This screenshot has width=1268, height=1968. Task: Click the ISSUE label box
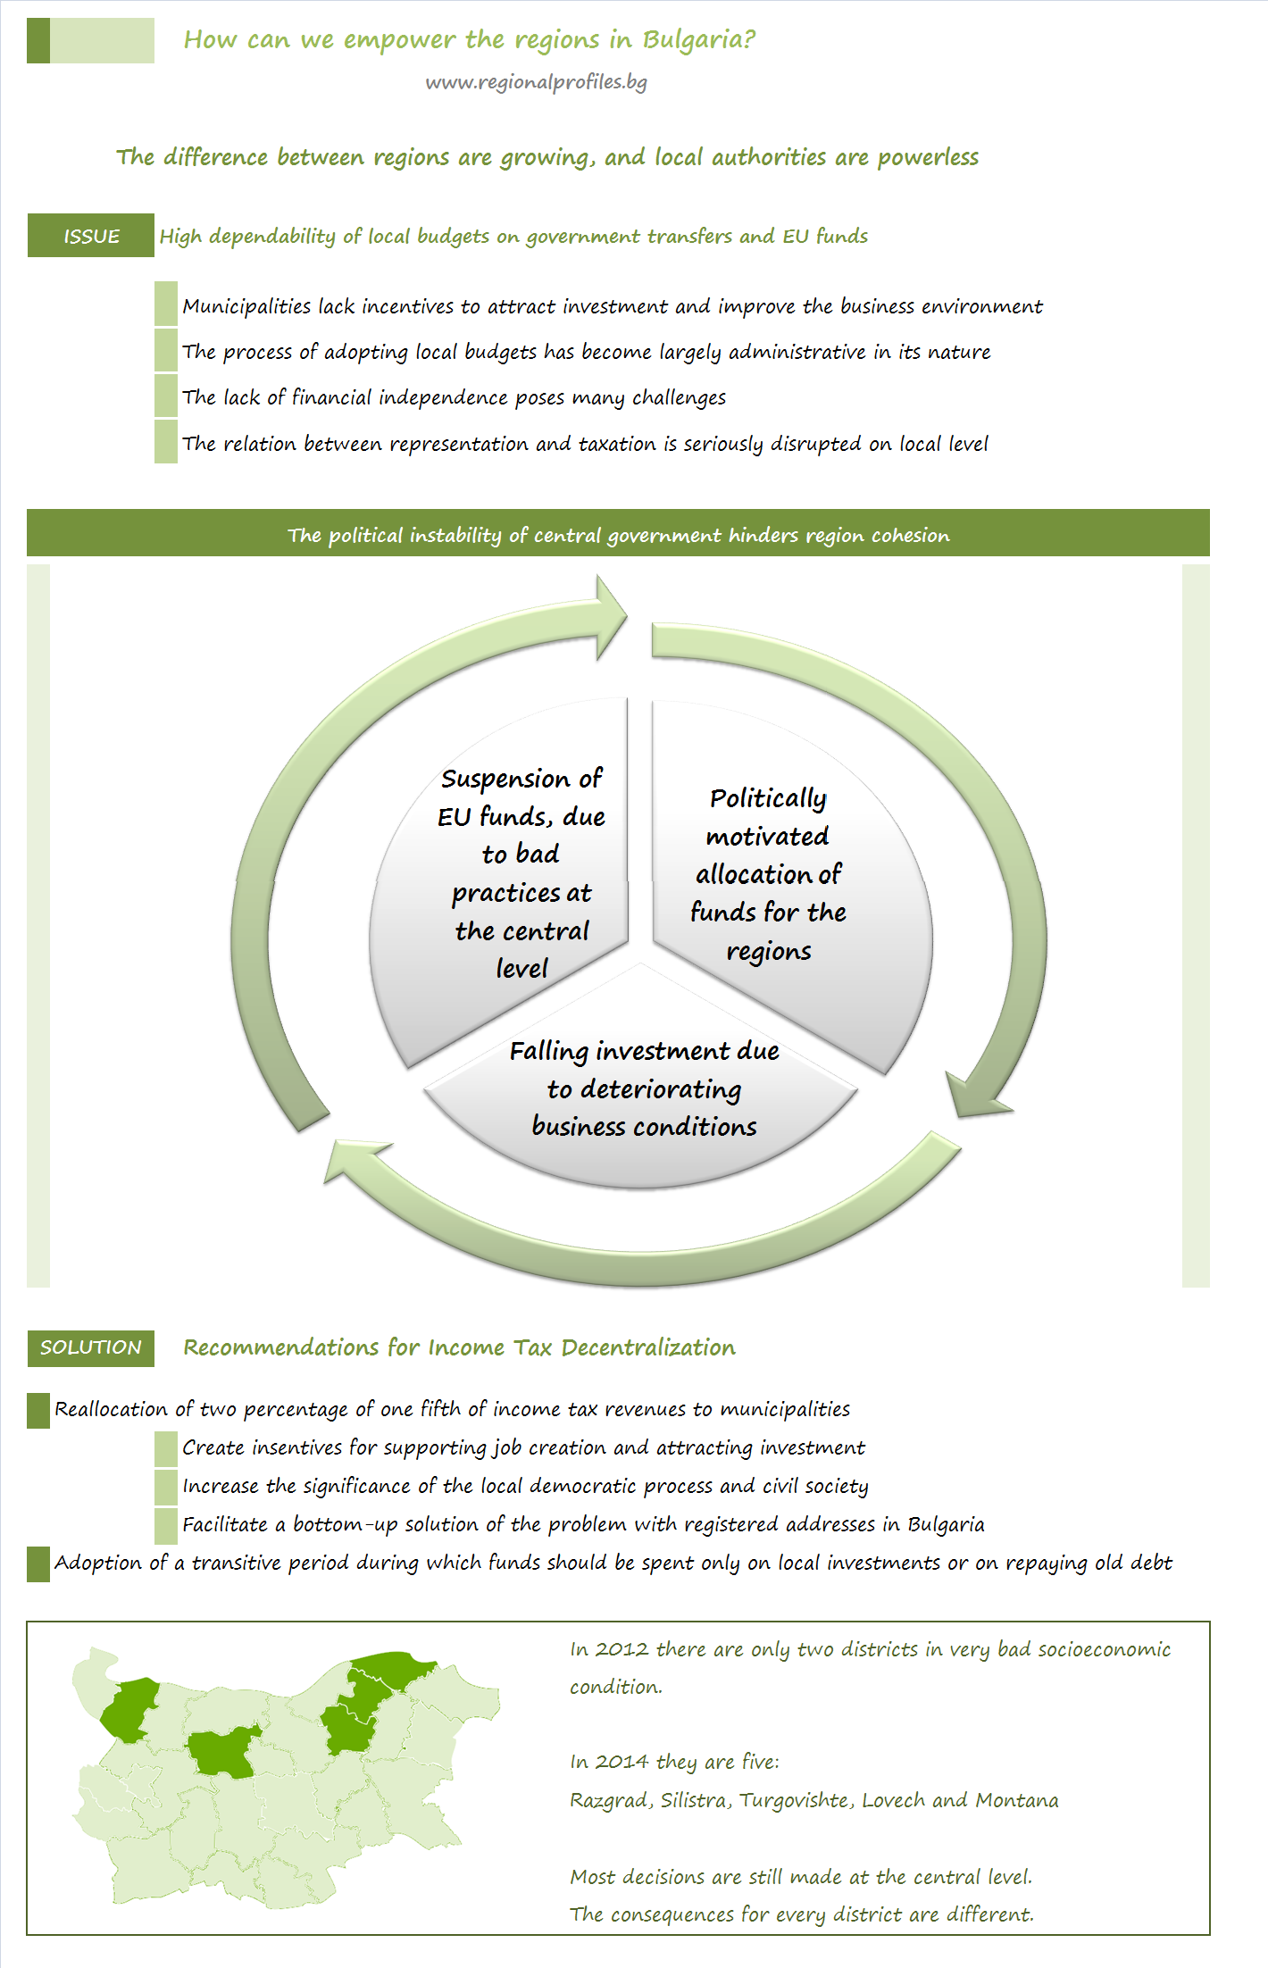(91, 236)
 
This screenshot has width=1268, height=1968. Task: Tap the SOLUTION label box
(91, 1347)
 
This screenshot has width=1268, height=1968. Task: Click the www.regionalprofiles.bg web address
(536, 82)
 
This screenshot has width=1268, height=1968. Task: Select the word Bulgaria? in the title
(699, 40)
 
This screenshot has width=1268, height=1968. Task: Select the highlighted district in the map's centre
(222, 1752)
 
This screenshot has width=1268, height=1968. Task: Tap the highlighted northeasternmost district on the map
(393, 1670)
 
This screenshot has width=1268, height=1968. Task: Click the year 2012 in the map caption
(622, 1649)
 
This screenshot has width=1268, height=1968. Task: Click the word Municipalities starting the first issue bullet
(246, 306)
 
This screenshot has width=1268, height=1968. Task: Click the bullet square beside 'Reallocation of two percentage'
(38, 1411)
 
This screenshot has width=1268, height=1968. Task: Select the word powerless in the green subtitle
(928, 157)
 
